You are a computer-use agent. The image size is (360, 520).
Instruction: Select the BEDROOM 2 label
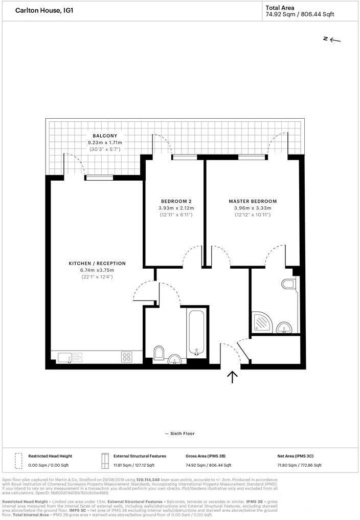pyautogui.click(x=176, y=201)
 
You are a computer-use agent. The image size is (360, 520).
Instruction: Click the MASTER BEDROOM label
pyautogui.click(x=252, y=201)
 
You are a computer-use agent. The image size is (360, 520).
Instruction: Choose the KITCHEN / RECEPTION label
pyautogui.click(x=97, y=264)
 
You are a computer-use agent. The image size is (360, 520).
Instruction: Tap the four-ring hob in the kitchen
pyautogui.click(x=127, y=357)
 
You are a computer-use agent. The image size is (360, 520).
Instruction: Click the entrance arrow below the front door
pyautogui.click(x=232, y=377)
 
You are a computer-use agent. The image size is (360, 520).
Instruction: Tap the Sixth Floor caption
pyautogui.click(x=179, y=434)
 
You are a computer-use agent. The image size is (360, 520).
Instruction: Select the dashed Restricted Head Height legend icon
pyautogui.click(x=19, y=460)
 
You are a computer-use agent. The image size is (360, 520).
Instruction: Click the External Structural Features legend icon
pyautogui.click(x=105, y=460)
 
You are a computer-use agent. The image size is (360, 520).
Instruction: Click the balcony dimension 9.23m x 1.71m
pyautogui.click(x=105, y=142)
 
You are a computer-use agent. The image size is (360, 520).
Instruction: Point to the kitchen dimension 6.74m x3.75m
pyautogui.click(x=97, y=270)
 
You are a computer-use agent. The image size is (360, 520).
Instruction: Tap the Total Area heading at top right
pyautogui.click(x=280, y=7)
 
